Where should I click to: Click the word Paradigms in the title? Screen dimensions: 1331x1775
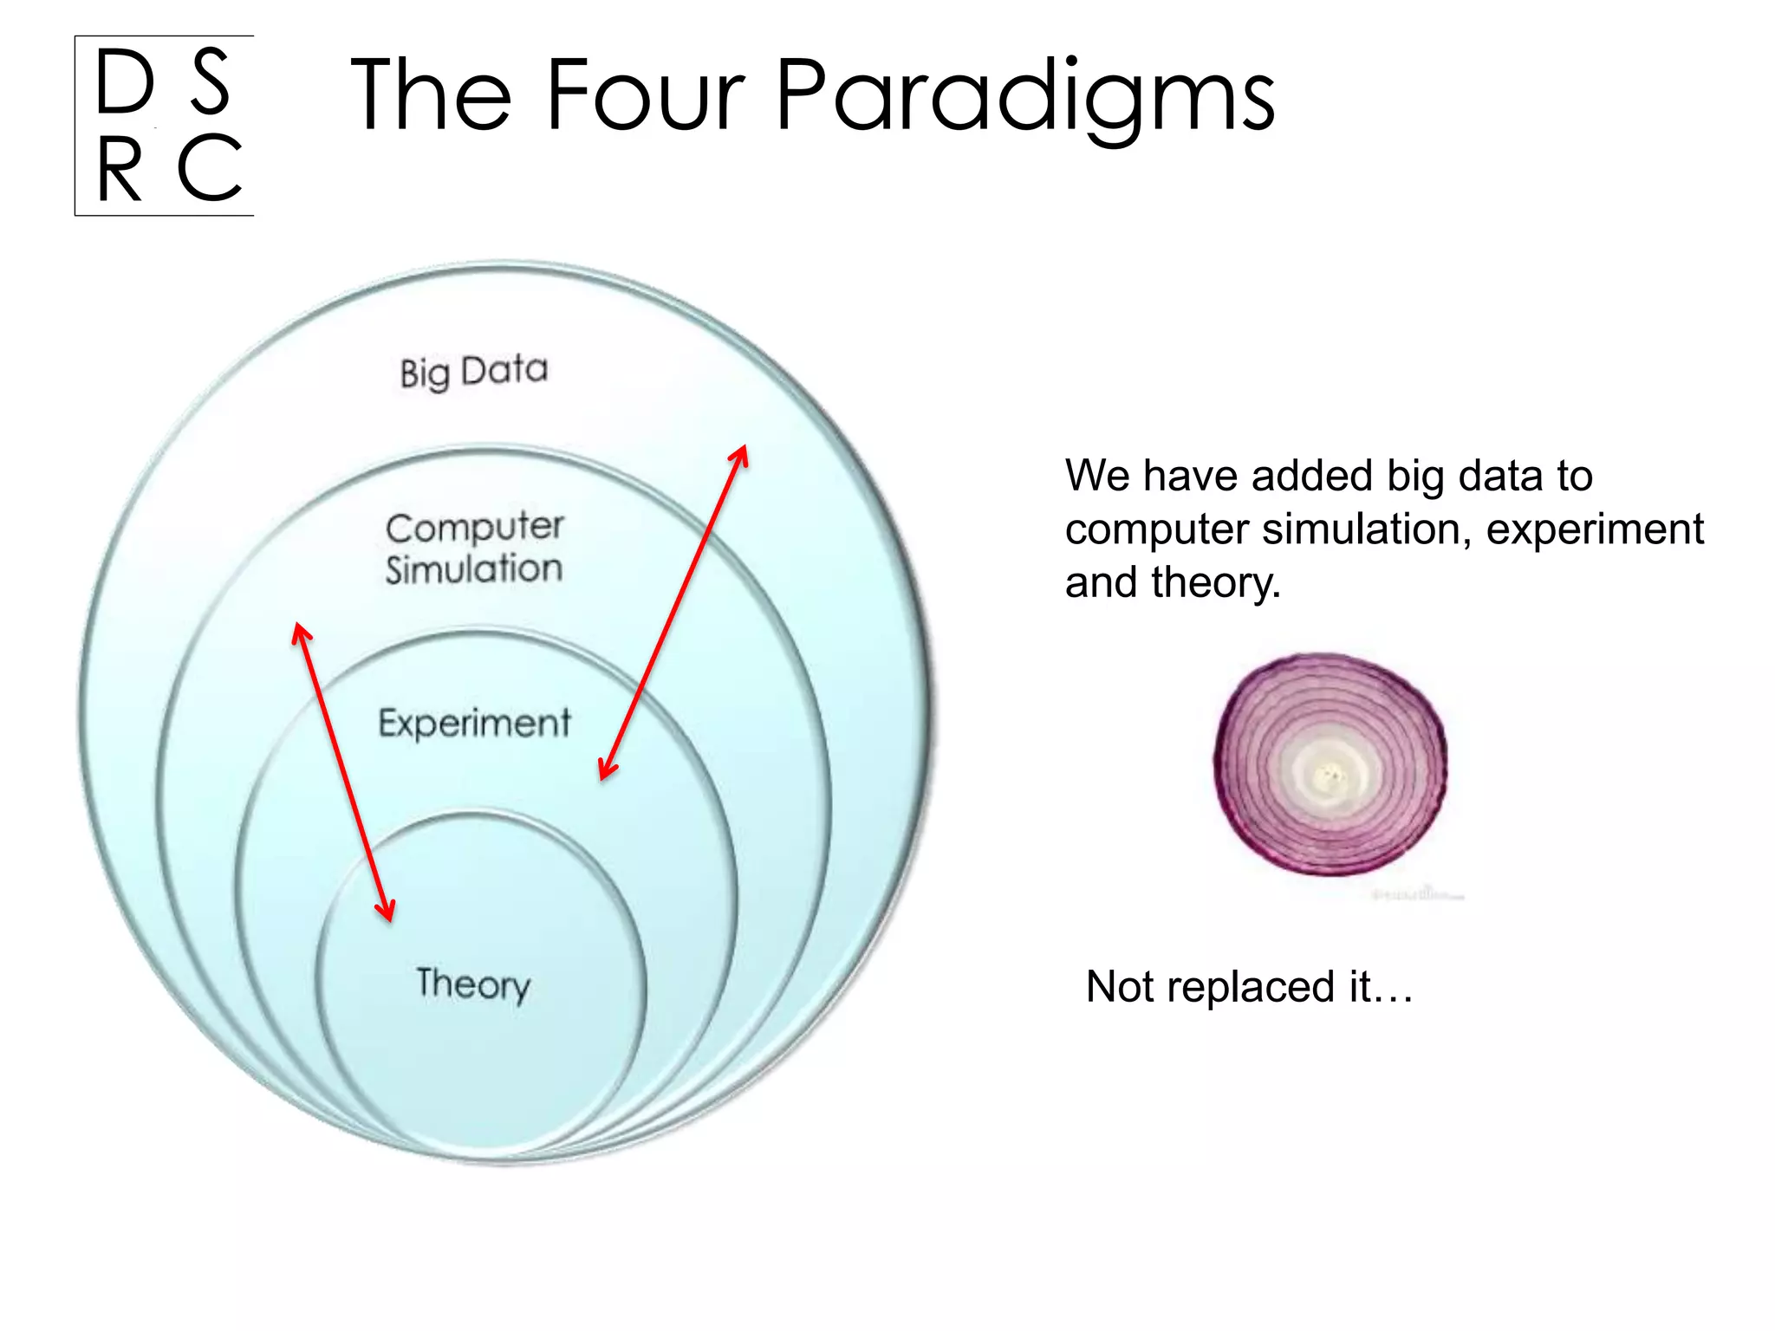pyautogui.click(x=1024, y=95)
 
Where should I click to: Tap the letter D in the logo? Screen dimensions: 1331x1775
pyautogui.click(x=125, y=82)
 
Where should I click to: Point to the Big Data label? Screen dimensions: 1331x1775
pyautogui.click(x=474, y=372)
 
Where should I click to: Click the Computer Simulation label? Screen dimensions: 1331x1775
pyautogui.click(x=474, y=549)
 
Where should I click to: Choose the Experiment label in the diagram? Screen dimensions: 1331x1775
pyautogui.click(x=474, y=723)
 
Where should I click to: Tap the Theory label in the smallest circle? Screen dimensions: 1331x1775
pyautogui.click(x=473, y=984)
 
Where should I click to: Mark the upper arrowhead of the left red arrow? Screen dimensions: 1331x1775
pyautogui.click(x=300, y=632)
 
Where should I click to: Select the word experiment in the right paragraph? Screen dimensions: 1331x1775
pyautogui.click(x=1595, y=529)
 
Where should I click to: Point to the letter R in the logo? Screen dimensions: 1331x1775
pyautogui.click(x=119, y=170)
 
